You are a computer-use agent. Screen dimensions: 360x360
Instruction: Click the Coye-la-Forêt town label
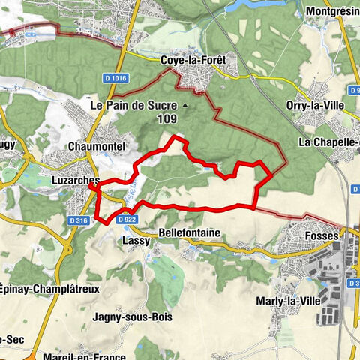(x=193, y=61)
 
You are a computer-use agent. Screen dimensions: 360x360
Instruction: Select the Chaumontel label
(x=92, y=145)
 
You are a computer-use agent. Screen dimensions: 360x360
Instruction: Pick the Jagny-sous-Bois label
(x=132, y=316)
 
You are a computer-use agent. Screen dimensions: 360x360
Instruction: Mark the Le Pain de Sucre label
(x=135, y=106)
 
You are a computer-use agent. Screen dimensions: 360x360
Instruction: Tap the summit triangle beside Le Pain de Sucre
(x=184, y=106)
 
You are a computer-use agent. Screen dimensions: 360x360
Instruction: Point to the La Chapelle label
(x=328, y=141)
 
